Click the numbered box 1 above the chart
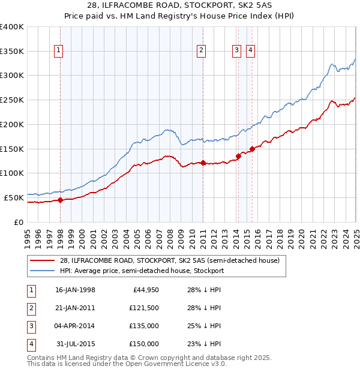tap(59, 51)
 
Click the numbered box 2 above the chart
tap(202, 51)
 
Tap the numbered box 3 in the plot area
tap(237, 51)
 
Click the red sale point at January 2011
tap(203, 163)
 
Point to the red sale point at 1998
tap(60, 200)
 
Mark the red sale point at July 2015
tap(252, 149)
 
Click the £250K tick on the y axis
tap(12, 100)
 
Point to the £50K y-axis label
tap(13, 197)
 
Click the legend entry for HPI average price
tap(142, 271)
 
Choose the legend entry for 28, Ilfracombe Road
tap(170, 261)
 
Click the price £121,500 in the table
tap(144, 308)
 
